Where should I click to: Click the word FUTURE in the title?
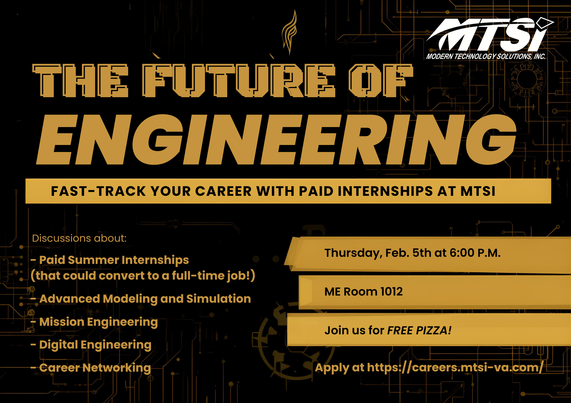239,81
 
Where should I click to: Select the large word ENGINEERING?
276,140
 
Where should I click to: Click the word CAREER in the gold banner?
223,191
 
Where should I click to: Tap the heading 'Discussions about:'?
79,238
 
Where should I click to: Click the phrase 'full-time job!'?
211,276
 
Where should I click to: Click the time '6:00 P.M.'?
475,253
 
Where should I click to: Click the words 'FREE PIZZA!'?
419,330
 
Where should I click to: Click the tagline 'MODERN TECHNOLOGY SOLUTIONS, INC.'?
486,56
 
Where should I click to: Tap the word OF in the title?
381,81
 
